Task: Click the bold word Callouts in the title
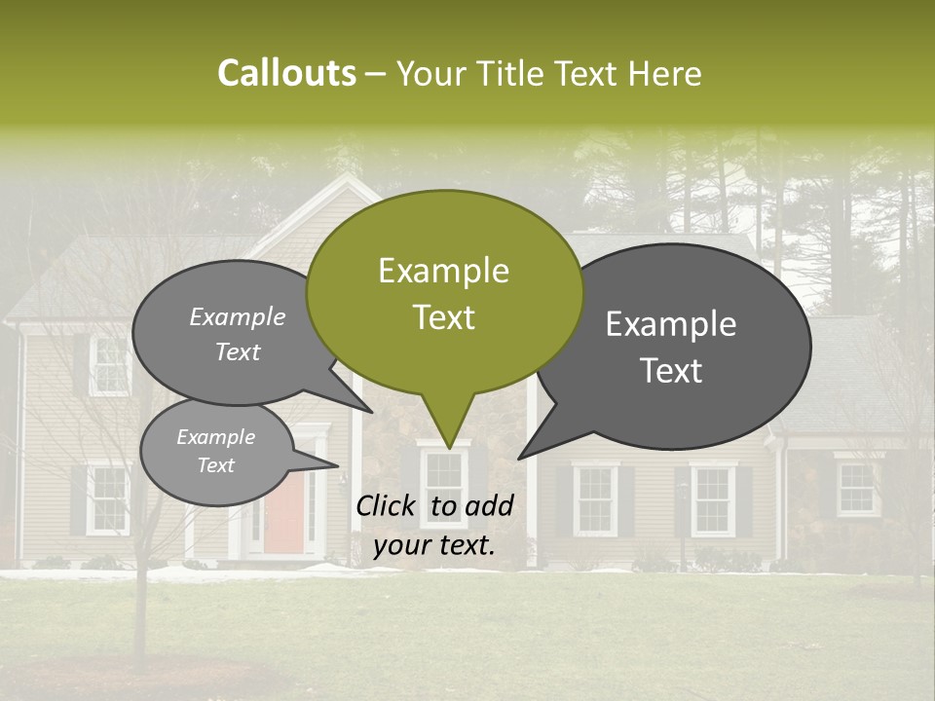tap(286, 74)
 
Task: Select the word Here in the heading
tap(665, 74)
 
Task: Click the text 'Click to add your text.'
tap(433, 525)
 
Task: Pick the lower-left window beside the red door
tap(107, 498)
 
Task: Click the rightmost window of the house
tap(856, 489)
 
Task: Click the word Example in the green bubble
tap(443, 271)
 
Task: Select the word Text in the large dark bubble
tap(672, 371)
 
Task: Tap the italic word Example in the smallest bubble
tap(215, 438)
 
